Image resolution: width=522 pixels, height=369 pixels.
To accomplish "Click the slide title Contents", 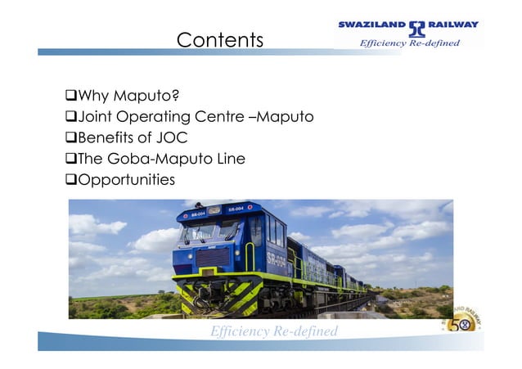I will pyautogui.click(x=220, y=39).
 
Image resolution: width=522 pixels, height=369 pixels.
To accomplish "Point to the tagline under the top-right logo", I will pyautogui.click(x=410, y=43).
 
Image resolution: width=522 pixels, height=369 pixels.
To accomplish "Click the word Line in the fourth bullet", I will pyautogui.click(x=228, y=159).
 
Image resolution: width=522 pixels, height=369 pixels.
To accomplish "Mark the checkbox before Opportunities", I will pyautogui.click(x=70, y=179).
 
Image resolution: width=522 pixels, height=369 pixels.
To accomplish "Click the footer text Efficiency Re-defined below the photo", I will pyautogui.click(x=273, y=331).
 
